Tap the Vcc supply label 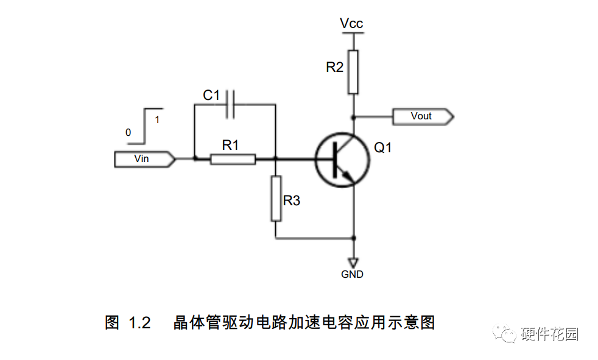click(x=351, y=24)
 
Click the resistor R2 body click(x=353, y=72)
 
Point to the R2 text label click(x=334, y=68)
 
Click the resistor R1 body click(x=233, y=159)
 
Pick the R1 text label click(x=230, y=145)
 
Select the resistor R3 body click(x=276, y=198)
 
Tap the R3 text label click(x=292, y=200)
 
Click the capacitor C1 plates click(x=230, y=104)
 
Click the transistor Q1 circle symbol click(x=342, y=159)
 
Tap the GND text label click(x=352, y=275)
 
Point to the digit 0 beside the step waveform click(x=128, y=132)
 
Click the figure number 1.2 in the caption click(x=139, y=323)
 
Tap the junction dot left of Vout click(x=353, y=116)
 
